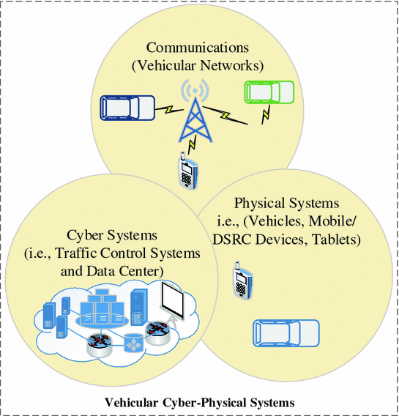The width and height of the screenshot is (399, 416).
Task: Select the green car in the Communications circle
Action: coord(269,92)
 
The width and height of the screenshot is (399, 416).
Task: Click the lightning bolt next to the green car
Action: coord(266,112)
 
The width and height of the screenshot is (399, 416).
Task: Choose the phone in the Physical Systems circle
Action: coord(242,280)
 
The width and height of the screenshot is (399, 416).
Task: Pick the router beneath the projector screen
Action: coord(157,333)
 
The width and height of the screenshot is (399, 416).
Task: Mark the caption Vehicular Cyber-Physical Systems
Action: coord(199,402)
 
